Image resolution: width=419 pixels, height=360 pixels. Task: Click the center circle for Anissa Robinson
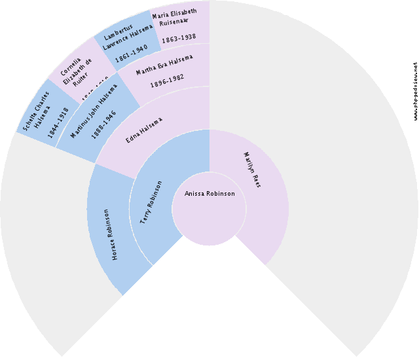[209, 208]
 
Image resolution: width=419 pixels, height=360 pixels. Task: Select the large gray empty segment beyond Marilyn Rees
[340, 196]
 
